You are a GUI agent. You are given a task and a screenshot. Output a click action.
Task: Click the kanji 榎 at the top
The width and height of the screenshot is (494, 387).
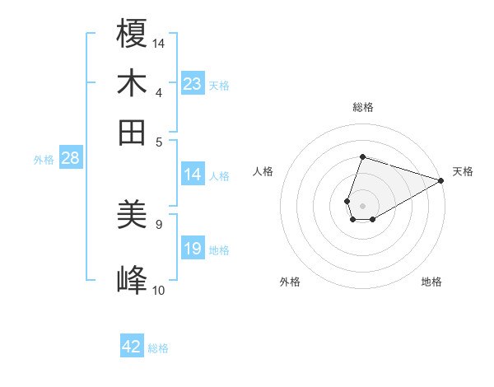click(x=133, y=34)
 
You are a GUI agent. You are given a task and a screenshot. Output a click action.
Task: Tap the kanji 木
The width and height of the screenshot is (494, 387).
click(x=133, y=83)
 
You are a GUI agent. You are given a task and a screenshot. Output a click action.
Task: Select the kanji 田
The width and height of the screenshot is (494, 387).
click(x=133, y=132)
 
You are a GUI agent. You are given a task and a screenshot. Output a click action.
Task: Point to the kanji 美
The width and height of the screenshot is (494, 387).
click(x=133, y=217)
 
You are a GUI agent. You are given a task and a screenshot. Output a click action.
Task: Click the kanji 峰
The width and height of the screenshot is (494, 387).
click(x=133, y=281)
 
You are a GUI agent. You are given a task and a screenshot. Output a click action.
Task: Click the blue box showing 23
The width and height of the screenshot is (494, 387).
click(x=192, y=83)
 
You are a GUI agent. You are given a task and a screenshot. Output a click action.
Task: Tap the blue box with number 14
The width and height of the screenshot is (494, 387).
click(x=192, y=174)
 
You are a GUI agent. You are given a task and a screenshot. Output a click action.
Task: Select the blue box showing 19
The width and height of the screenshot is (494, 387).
click(x=192, y=249)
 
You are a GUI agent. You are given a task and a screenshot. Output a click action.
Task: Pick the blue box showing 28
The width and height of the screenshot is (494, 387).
click(x=70, y=158)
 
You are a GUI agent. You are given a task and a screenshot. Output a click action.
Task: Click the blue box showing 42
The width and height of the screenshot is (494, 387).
click(x=132, y=347)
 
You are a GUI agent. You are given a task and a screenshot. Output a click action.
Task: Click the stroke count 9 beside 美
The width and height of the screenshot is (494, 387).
click(x=158, y=223)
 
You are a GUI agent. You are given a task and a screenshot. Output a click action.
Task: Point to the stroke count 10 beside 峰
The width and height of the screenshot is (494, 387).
click(x=158, y=290)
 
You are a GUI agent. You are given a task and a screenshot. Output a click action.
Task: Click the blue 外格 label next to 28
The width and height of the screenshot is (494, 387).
click(x=44, y=160)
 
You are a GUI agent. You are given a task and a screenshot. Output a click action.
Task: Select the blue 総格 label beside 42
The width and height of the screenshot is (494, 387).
click(x=158, y=348)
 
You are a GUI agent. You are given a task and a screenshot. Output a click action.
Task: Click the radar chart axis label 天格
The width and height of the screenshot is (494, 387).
click(x=463, y=171)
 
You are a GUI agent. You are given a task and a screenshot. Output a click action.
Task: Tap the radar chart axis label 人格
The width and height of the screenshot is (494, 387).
click(x=263, y=171)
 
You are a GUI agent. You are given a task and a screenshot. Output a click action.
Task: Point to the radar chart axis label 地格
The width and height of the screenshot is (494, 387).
click(x=431, y=282)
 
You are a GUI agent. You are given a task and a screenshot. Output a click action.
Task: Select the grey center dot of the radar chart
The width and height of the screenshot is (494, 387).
click(x=362, y=204)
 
